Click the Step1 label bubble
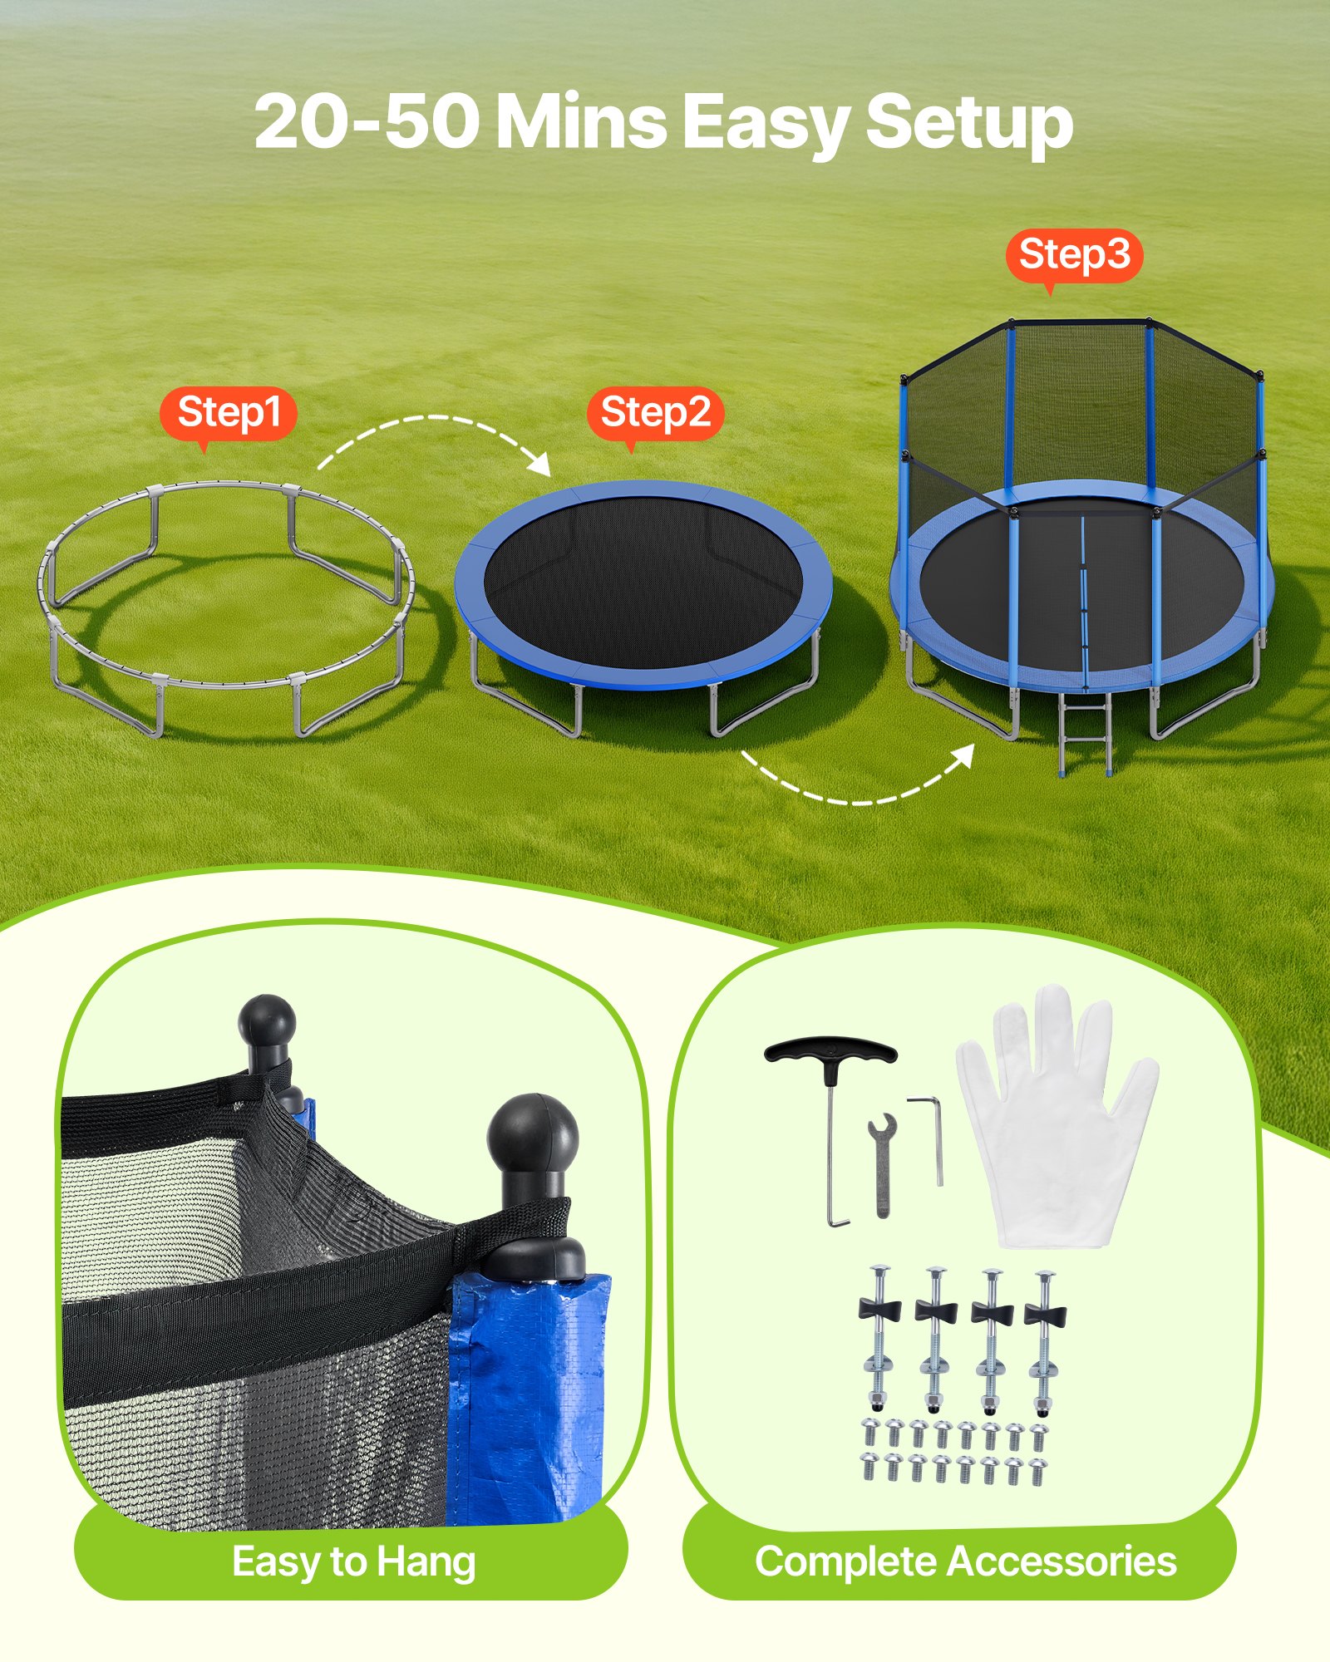click(229, 413)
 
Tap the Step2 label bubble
click(655, 413)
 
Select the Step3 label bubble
click(1074, 255)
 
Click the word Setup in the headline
click(969, 123)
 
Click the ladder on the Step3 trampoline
click(1086, 733)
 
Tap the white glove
click(1056, 1122)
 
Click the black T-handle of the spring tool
click(830, 1052)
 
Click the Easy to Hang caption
click(353, 1562)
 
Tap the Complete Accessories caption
click(965, 1562)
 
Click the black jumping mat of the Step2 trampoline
click(643, 582)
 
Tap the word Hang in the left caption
click(426, 1562)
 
